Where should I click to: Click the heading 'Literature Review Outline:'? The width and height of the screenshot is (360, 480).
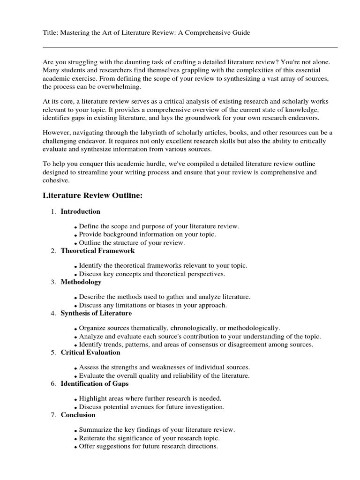click(92, 195)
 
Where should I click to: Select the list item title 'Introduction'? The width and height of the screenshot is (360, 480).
click(81, 211)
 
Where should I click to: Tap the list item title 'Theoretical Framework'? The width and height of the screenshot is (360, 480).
click(97, 251)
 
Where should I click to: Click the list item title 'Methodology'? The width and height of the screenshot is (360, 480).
click(81, 282)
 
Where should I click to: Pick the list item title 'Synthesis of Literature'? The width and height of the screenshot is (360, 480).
click(96, 313)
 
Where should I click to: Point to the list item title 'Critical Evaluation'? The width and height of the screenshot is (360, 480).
click(90, 352)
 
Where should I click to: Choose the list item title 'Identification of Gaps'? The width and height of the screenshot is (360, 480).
click(94, 383)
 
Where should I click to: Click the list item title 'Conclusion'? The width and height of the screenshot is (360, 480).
click(78, 415)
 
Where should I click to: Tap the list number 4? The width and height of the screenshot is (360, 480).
click(53, 313)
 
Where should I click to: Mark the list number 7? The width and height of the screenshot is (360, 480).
click(53, 415)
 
